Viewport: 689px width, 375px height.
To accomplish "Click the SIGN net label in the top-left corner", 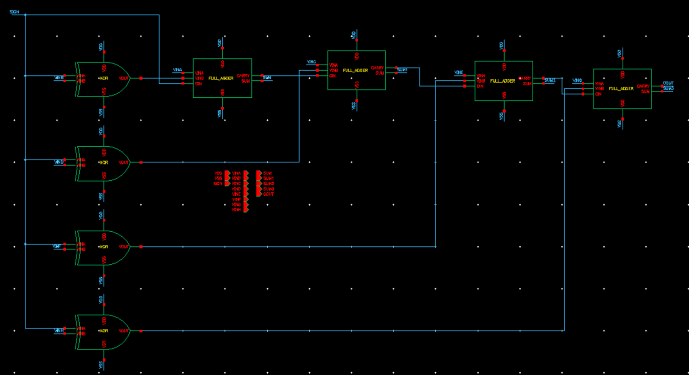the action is point(14,12).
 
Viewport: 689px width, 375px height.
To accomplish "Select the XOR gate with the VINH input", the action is point(103,331).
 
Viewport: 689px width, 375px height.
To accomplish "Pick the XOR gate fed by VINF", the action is point(103,247).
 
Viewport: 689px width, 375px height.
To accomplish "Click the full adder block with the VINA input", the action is point(222,78).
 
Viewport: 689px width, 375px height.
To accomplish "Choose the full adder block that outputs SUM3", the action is point(622,89).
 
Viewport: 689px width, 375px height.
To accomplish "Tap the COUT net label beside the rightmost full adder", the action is point(668,83).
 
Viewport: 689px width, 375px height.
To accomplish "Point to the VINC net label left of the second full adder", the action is point(311,62).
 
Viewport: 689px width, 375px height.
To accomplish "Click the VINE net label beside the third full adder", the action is point(459,72).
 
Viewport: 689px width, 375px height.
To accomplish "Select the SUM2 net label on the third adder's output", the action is point(550,81).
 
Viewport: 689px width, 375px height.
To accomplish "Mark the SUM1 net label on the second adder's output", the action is point(402,70).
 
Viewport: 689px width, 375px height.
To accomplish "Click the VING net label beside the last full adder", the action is point(577,81).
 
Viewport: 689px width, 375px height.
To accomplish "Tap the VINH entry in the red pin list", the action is point(236,210).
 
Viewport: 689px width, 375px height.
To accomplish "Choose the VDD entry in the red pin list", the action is point(218,173).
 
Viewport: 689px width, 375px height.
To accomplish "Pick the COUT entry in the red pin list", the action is point(268,194).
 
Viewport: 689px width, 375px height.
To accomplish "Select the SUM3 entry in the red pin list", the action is point(268,189).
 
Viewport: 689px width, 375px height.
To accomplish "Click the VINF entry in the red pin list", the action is point(236,199).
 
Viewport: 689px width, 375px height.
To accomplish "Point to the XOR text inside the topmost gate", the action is point(104,78).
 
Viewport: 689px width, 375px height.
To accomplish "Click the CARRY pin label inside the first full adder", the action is point(243,76).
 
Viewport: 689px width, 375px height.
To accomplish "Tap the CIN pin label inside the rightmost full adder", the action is point(598,94).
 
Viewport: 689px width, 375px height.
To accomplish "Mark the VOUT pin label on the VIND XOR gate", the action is point(124,163).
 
